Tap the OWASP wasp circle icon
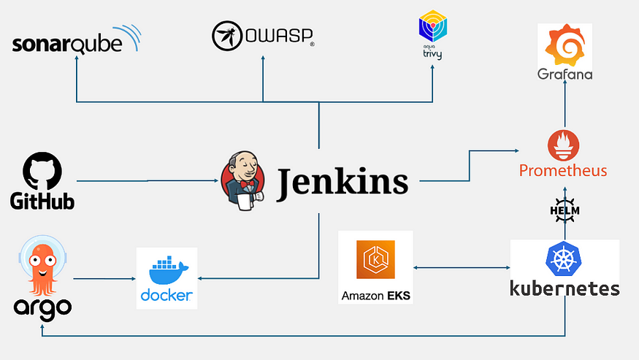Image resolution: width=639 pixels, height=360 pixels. pos(226,35)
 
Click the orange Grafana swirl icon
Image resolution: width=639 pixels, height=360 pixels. pos(565,46)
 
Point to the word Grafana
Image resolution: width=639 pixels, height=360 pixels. pos(565,74)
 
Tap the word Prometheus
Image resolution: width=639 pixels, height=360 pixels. pos(563,172)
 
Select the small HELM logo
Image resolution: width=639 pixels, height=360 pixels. pos(565,209)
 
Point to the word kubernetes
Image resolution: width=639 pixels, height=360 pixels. pos(565,288)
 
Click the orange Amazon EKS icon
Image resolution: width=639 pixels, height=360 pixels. pos(375,260)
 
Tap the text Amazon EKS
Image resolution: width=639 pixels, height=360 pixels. pos(375,296)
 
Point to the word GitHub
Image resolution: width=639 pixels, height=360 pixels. pos(42,200)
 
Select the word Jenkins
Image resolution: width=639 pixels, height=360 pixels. pos(343,181)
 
